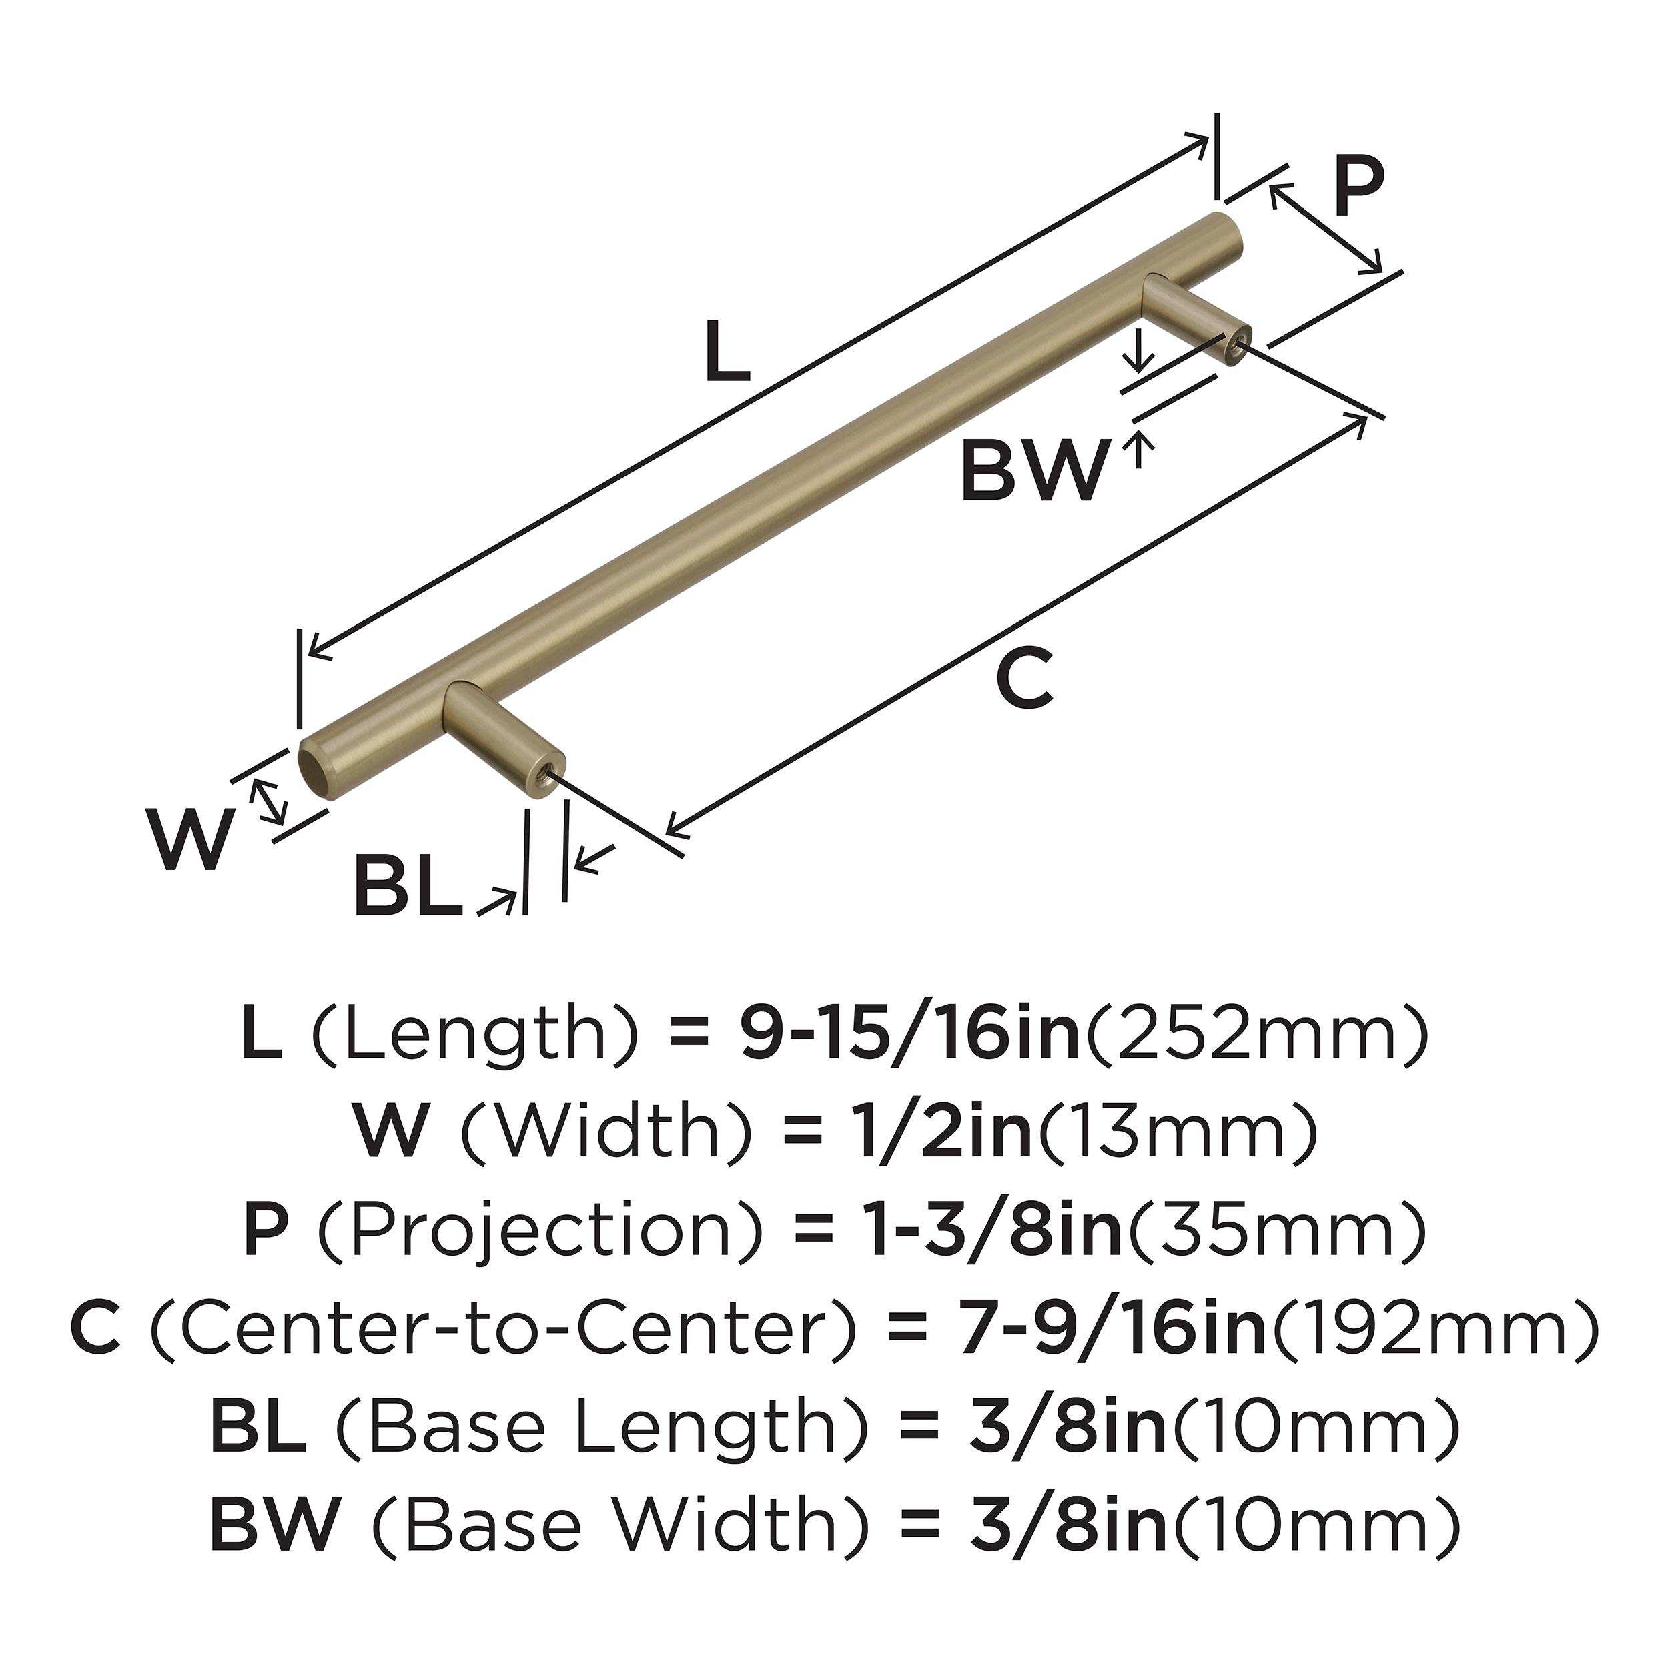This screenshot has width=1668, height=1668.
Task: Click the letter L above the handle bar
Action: pos(727,352)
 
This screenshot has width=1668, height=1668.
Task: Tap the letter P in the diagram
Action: pos(1358,187)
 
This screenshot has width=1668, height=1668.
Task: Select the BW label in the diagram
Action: pos(1033,472)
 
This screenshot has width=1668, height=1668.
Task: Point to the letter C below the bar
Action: pos(1024,679)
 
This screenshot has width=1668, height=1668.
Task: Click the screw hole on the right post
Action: pos(1237,346)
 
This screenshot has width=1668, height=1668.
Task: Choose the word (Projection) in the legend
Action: pos(540,1233)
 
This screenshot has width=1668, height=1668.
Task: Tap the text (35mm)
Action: pos(1276,1233)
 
